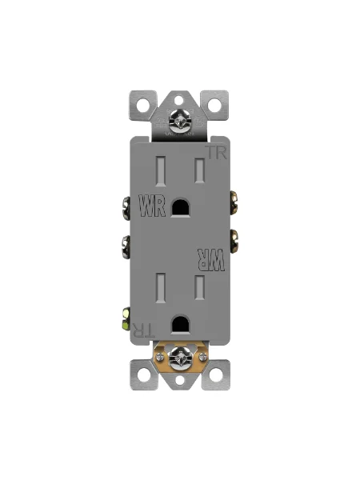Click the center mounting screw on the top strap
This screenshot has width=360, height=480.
coord(180,122)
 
